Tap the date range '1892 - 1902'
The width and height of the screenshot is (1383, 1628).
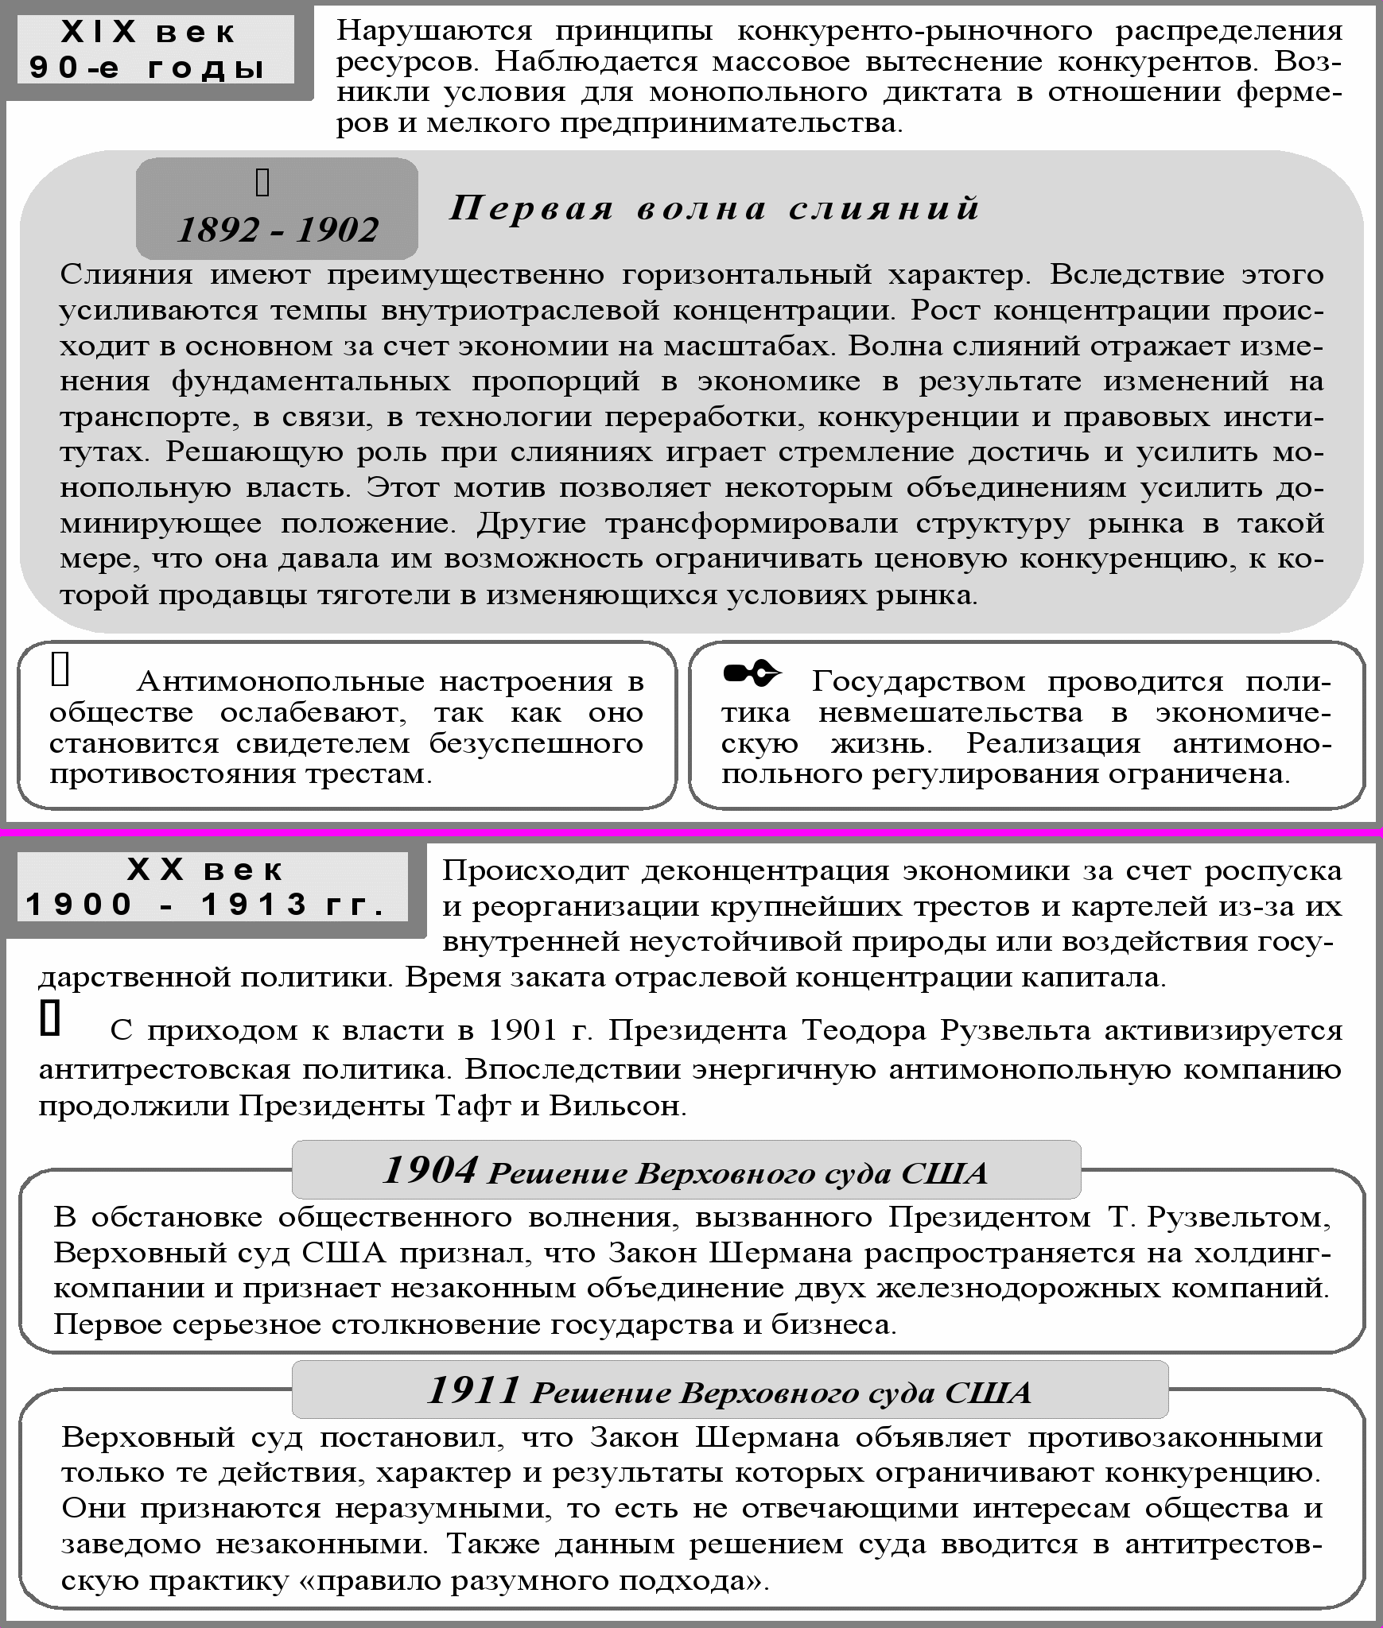(278, 231)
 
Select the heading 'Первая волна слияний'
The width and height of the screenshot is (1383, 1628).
(714, 208)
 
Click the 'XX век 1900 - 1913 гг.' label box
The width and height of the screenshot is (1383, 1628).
(206, 887)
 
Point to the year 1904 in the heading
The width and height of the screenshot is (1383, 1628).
(429, 1170)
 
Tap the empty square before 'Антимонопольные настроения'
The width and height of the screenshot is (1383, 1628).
(60, 669)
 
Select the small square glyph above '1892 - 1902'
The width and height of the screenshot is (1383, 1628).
(262, 183)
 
